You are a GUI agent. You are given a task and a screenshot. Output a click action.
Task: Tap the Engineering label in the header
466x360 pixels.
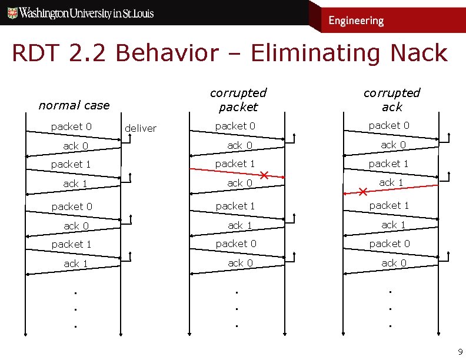click(356, 21)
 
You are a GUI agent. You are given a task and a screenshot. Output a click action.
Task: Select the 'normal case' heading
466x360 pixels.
click(74, 105)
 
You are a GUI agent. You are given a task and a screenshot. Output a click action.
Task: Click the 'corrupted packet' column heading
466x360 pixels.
click(238, 99)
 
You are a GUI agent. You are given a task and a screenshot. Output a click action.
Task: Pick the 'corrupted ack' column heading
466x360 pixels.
click(392, 99)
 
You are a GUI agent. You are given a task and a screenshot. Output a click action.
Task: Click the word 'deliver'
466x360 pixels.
click(141, 128)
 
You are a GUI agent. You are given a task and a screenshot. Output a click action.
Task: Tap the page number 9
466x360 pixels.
click(460, 352)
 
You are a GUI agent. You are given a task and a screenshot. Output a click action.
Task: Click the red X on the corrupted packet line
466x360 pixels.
click(265, 175)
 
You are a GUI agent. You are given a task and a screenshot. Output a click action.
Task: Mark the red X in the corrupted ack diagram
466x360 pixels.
click(363, 192)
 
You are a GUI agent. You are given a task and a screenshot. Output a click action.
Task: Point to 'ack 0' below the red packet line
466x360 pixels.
click(240, 183)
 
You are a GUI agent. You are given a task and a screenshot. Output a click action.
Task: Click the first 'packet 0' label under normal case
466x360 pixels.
click(71, 126)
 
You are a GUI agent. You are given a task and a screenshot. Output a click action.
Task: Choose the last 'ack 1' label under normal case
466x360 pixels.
click(75, 264)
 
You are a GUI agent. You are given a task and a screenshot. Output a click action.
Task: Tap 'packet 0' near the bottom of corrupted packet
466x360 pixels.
click(235, 244)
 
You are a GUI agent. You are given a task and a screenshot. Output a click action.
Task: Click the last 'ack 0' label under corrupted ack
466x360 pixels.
click(394, 263)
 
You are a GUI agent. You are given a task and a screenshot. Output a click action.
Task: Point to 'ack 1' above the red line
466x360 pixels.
click(391, 182)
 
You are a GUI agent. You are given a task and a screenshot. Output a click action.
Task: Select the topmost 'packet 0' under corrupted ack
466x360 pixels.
click(389, 125)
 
